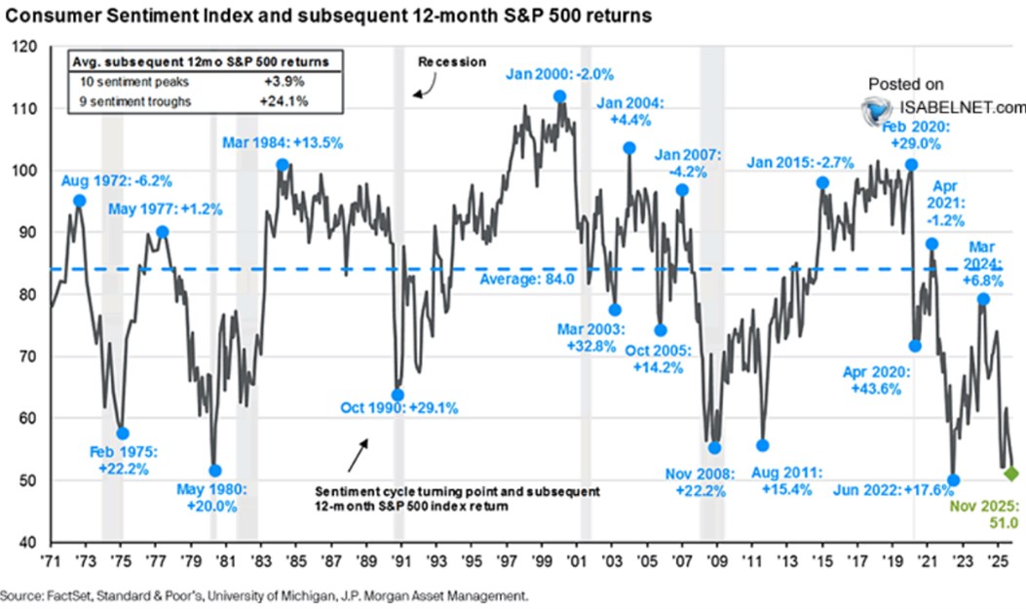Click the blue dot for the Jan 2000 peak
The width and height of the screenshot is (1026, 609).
point(559,96)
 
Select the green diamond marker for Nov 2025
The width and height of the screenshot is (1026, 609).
point(1011,474)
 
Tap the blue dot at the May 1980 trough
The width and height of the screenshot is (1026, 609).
point(215,471)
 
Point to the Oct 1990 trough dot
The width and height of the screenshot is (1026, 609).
point(398,394)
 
